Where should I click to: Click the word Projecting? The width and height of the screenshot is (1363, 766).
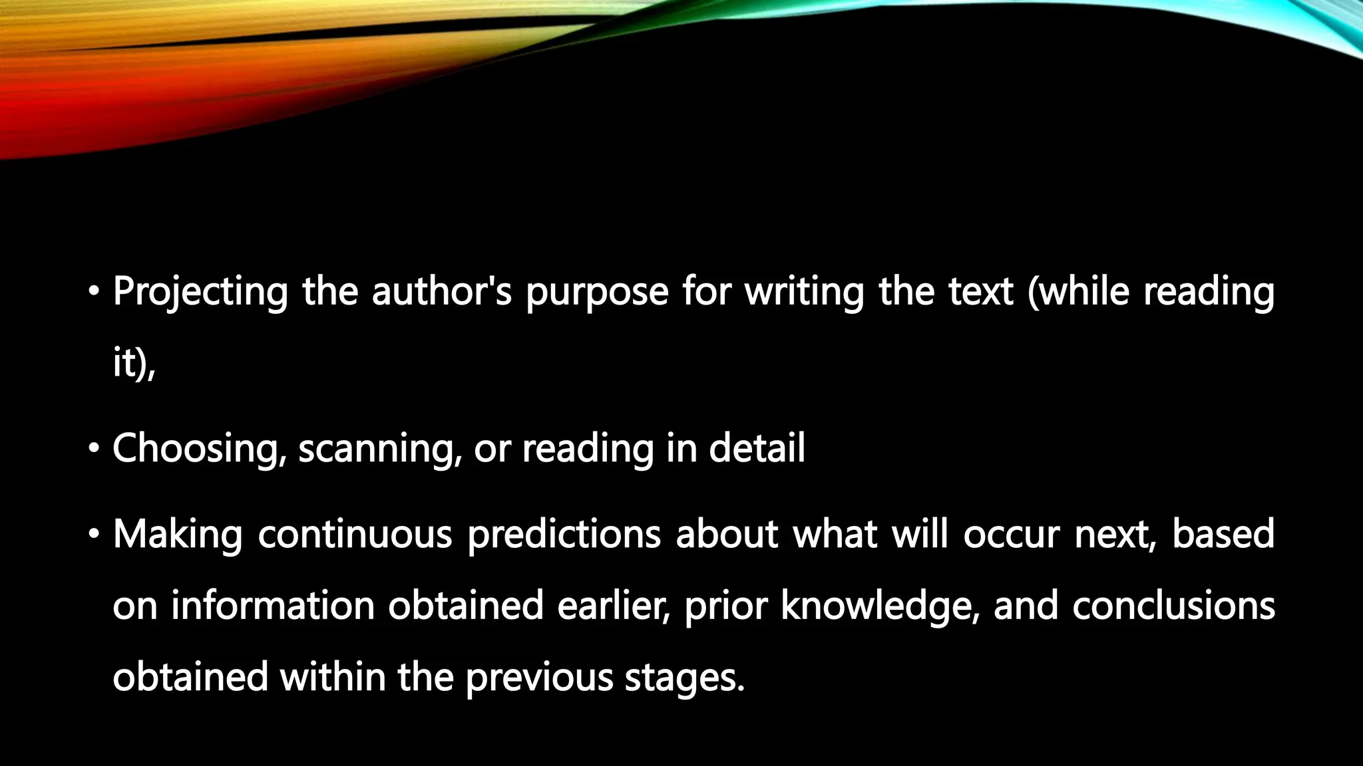200,292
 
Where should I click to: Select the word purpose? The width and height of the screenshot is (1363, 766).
596,292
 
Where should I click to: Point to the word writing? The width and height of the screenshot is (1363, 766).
804,292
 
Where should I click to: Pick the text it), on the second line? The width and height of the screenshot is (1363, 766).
134,364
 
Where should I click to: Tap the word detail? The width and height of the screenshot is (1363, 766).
757,447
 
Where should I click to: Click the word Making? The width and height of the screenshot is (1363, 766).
178,535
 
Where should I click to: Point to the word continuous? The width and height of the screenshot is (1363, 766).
355,535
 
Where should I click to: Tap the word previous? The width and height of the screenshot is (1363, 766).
538,678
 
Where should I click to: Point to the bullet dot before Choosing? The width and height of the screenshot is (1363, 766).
95,449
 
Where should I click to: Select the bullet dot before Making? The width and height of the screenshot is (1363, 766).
95,534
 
